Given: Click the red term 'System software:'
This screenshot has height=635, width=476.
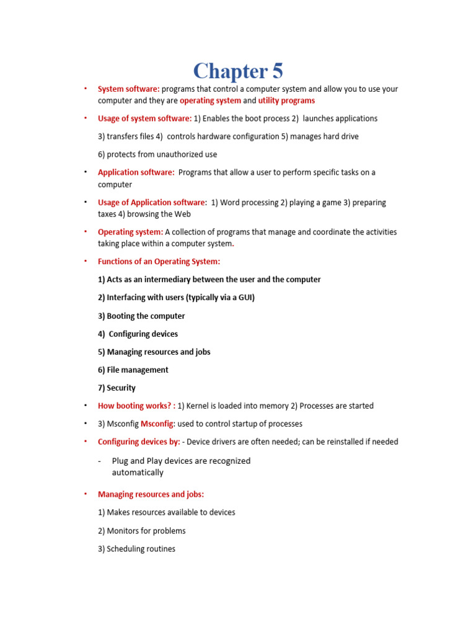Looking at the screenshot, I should click(x=128, y=89).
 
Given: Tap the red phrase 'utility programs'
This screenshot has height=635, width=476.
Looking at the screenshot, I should click(x=286, y=100).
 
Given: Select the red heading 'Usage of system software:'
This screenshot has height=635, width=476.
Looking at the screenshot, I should click(x=145, y=118).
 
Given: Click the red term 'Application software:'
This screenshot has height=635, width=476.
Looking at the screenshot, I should click(x=136, y=172).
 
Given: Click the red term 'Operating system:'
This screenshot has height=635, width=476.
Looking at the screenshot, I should click(x=130, y=232).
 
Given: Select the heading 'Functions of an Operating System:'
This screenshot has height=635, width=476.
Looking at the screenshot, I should click(x=159, y=262).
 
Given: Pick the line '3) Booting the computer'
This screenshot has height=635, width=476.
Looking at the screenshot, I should click(x=141, y=316).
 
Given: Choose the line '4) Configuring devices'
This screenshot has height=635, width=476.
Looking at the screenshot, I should click(x=138, y=334).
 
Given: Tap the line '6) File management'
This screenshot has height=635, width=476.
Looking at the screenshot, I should click(x=133, y=370).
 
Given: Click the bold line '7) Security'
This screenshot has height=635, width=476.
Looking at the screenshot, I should click(x=117, y=388).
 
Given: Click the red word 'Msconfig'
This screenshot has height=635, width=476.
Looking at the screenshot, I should click(x=157, y=424).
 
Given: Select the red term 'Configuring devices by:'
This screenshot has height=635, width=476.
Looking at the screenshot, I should click(x=139, y=442).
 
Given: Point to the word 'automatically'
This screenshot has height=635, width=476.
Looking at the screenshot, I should click(x=138, y=473).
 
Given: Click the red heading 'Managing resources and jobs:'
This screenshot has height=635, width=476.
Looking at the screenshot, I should click(x=151, y=494).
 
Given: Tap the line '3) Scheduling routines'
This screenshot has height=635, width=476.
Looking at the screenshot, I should click(x=136, y=549).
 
